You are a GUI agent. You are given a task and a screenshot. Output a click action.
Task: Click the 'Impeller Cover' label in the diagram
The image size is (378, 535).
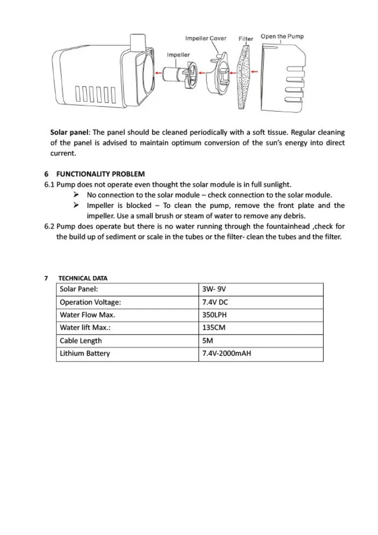206,38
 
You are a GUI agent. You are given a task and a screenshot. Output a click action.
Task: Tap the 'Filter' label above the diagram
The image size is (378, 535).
246,39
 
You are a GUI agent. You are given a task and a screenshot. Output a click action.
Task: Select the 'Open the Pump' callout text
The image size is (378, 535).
282,36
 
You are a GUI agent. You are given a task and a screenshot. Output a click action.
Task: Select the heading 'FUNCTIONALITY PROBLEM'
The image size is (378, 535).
101,174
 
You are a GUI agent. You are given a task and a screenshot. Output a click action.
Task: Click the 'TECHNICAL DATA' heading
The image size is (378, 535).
83,278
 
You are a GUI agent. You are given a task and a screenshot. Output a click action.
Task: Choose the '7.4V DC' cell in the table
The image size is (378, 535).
215,302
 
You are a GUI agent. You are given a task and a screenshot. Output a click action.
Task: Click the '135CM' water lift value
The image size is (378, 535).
214,328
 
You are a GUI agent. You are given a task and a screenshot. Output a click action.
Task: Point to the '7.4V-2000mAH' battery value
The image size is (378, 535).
226,353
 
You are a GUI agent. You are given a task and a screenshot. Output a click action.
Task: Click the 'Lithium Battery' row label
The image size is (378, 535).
85,353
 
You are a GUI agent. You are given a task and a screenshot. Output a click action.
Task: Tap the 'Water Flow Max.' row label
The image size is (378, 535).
87,315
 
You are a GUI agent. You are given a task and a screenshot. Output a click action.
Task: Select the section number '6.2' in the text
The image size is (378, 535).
49,226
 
